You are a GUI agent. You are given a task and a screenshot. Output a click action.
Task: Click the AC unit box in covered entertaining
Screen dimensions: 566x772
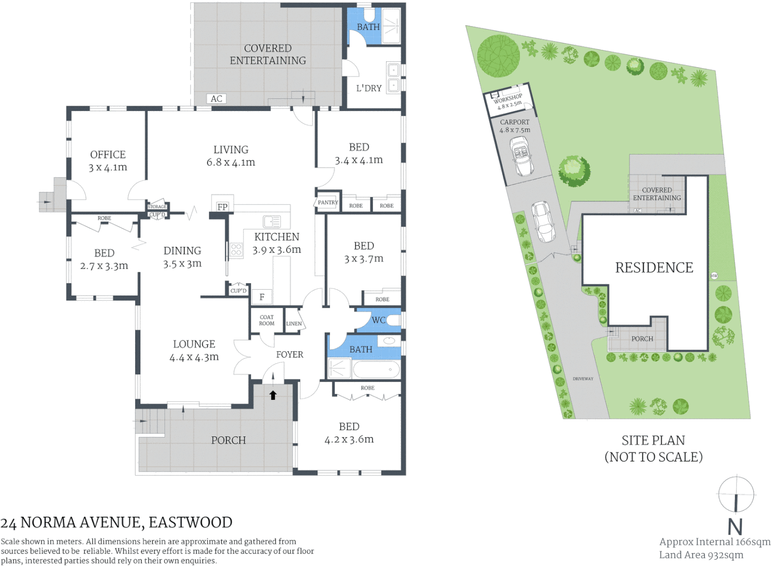(x=216, y=99)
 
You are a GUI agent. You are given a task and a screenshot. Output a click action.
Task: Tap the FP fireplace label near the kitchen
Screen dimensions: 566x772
(x=222, y=206)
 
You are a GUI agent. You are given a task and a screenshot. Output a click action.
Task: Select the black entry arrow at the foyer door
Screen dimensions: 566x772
(x=273, y=395)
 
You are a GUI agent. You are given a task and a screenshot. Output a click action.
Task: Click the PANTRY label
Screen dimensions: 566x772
(x=328, y=202)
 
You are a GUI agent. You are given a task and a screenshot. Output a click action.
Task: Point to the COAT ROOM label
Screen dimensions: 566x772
(x=267, y=320)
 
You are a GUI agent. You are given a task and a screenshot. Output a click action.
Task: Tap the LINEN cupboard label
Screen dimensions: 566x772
(x=294, y=323)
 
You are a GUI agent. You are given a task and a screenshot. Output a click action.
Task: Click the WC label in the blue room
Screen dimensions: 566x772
(x=378, y=320)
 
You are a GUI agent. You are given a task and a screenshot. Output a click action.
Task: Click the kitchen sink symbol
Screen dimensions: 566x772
(x=272, y=221)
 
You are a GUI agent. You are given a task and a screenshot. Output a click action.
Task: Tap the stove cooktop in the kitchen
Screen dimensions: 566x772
(x=236, y=249)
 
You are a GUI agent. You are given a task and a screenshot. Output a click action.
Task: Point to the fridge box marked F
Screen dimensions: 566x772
(x=261, y=297)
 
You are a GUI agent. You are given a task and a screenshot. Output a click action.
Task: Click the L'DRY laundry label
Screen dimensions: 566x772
(x=369, y=88)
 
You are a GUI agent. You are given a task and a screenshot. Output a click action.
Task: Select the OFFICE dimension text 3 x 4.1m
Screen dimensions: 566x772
(x=107, y=168)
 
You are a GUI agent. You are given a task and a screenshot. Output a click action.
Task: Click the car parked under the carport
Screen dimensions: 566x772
(x=522, y=156)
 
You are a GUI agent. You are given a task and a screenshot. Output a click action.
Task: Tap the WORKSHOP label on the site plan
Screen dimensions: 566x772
(x=508, y=98)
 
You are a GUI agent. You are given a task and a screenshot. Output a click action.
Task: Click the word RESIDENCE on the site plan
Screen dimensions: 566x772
(x=654, y=268)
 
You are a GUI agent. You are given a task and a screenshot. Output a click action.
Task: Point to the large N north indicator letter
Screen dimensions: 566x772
(x=735, y=526)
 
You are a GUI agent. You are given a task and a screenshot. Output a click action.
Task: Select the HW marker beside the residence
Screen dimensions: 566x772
(x=714, y=276)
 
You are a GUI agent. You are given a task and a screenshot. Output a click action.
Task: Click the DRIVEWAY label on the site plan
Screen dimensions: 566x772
(x=583, y=378)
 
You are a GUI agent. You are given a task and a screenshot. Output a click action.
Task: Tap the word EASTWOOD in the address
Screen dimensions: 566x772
(x=190, y=523)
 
